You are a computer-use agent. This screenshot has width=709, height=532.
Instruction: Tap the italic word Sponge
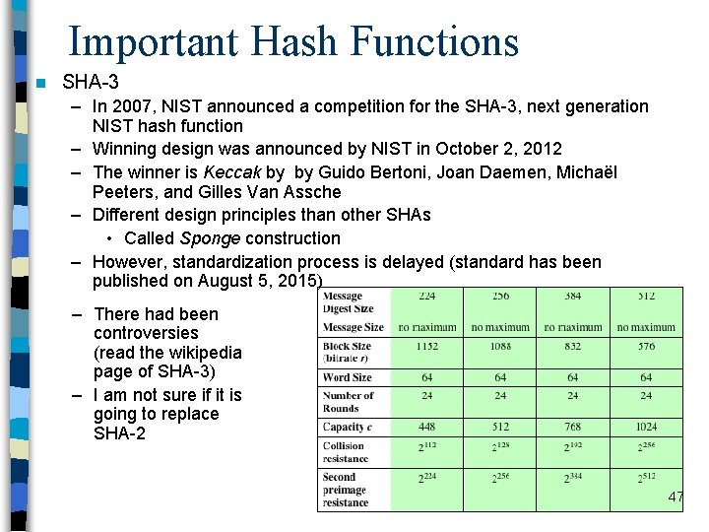pos(211,238)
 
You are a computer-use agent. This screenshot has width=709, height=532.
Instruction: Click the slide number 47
pos(676,498)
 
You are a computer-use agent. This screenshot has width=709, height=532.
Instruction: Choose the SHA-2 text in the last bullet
pos(119,433)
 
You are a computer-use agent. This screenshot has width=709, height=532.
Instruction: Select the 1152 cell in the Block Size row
pos(427,347)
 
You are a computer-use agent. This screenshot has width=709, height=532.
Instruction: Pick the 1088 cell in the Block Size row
pos(500,347)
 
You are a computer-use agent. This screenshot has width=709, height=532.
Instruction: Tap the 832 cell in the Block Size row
pos(573,347)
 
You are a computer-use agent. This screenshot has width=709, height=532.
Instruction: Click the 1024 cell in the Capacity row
pos(646,428)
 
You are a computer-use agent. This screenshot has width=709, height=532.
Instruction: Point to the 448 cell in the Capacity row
pos(427,428)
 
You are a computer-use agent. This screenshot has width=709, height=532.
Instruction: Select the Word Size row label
pos(348,377)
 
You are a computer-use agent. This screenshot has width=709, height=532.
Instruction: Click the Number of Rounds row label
pos(348,402)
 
